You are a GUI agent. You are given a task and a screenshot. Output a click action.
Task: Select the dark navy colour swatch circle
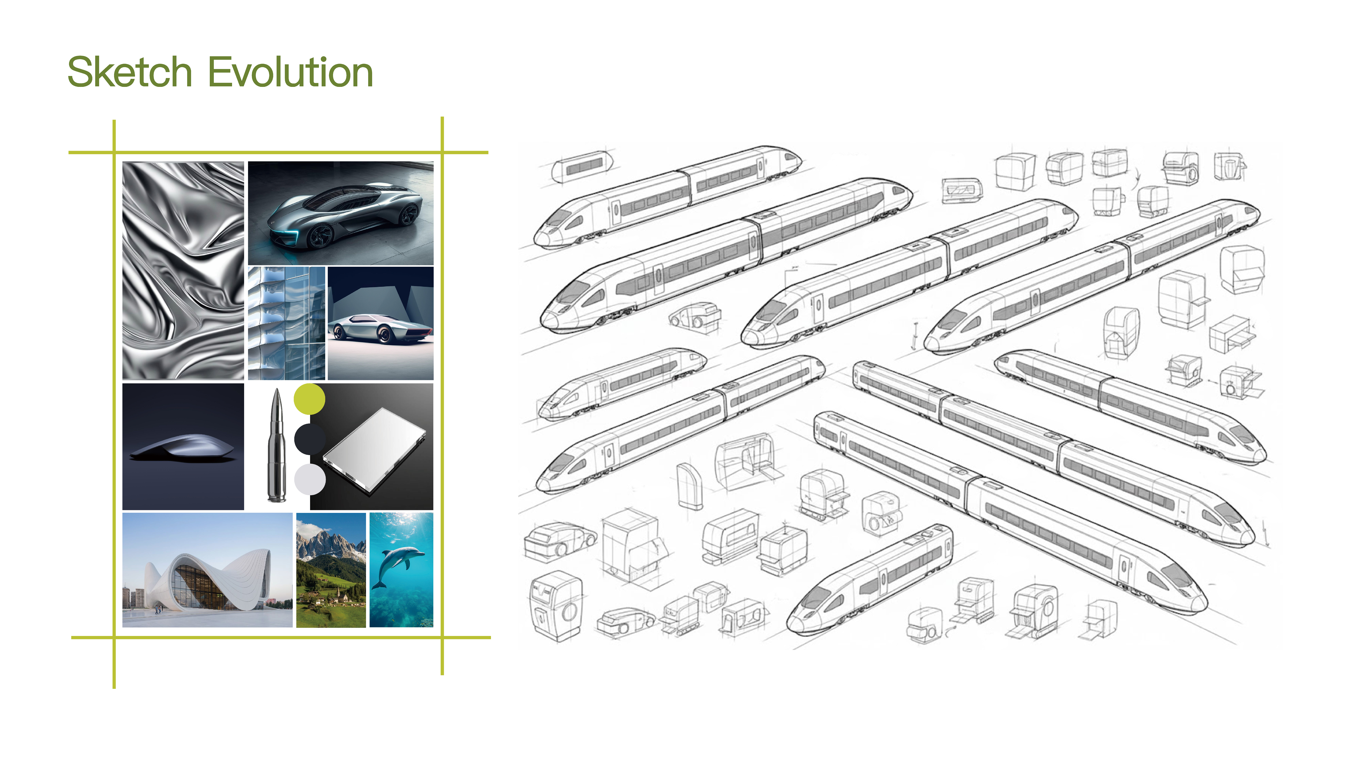coord(309,438)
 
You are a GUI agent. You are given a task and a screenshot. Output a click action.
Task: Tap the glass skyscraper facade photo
coord(287,323)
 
